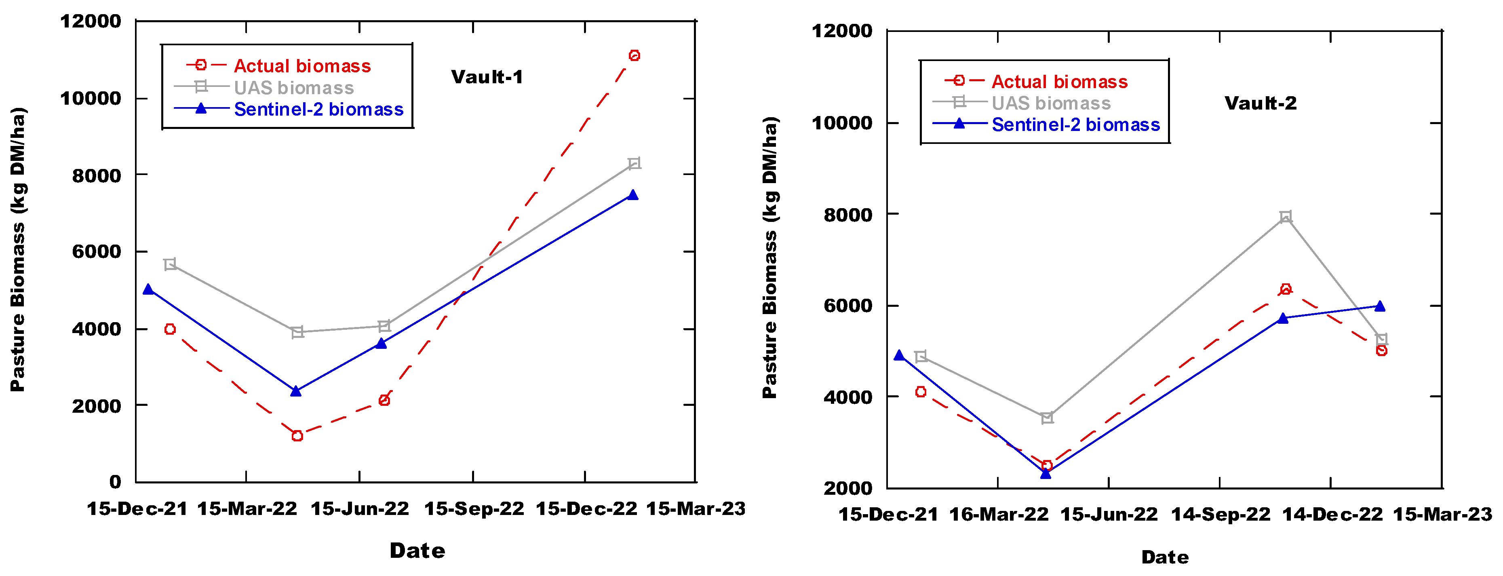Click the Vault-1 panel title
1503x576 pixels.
(487, 77)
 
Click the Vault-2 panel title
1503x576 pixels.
(1260, 103)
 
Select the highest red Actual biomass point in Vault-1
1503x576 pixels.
(634, 55)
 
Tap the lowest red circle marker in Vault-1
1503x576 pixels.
(297, 436)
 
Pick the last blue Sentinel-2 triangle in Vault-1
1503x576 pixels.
(632, 195)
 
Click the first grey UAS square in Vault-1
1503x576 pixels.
(170, 264)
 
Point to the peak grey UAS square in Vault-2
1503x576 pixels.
(1285, 217)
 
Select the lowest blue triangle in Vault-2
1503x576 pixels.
(1046, 473)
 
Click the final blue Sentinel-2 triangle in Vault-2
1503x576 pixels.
(1380, 306)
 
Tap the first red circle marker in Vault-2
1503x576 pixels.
(921, 392)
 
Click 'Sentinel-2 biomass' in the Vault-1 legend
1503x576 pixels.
(318, 109)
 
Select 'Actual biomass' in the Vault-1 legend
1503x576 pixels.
(302, 66)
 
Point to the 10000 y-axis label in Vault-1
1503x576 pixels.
(91, 98)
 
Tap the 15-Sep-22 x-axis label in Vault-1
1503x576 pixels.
(474, 509)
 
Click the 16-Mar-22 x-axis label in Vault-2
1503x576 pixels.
(999, 515)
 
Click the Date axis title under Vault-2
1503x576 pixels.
(1165, 557)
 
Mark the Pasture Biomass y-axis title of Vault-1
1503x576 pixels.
(18, 250)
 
